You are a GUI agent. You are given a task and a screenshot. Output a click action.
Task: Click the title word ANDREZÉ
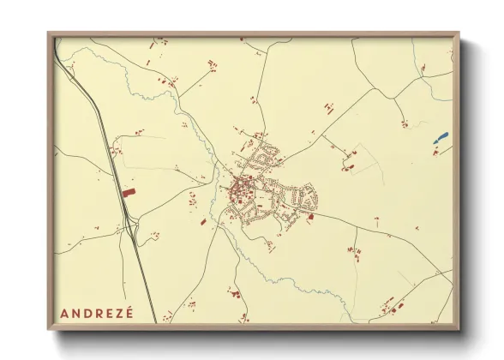pos(97,312)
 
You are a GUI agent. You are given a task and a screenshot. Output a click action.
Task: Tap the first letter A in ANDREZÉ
pos(64,312)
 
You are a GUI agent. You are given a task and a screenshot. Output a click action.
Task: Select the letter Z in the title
pos(118,312)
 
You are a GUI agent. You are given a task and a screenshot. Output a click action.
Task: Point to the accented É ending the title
pos(129,311)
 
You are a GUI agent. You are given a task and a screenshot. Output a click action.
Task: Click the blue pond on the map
pos(442,135)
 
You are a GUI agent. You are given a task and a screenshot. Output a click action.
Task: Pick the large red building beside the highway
pos(129,193)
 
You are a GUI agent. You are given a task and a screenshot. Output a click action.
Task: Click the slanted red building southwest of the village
pos(203,222)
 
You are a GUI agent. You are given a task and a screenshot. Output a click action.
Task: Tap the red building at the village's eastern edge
pos(310,217)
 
